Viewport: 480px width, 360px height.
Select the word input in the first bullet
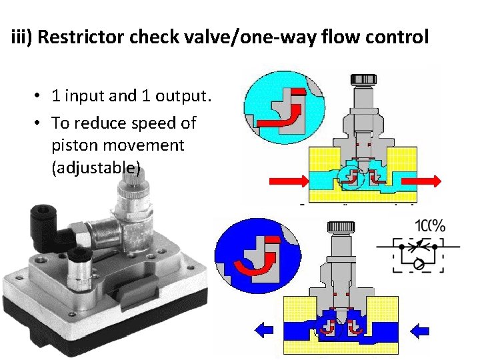tap(93, 96)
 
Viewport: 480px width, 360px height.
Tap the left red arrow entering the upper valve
tap(287, 180)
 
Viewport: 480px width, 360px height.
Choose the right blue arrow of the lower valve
tap(421, 329)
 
